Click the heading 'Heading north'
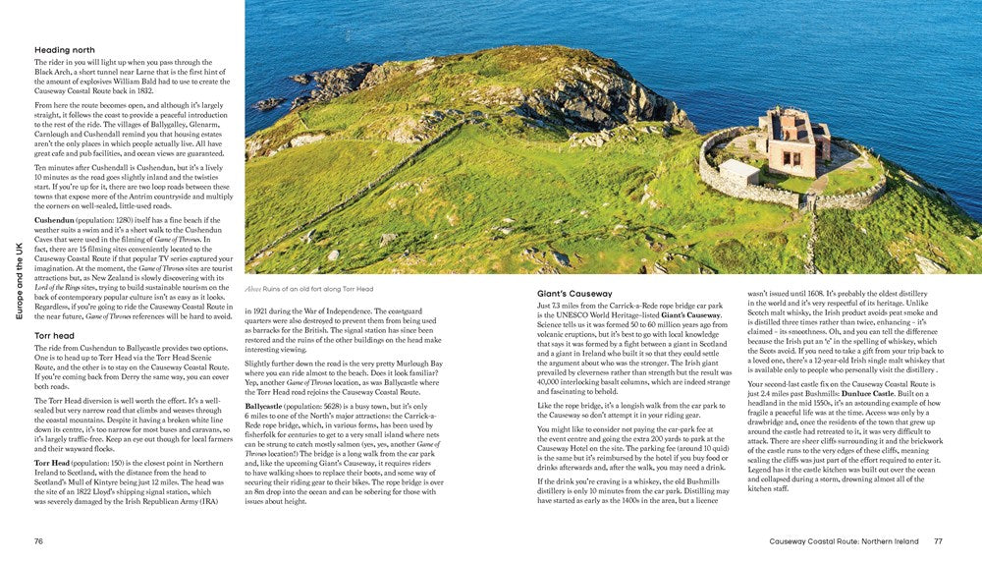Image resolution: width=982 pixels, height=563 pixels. [x=65, y=49]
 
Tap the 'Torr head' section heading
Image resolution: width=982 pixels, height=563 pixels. [x=55, y=335]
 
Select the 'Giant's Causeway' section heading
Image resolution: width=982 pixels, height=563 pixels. [x=575, y=293]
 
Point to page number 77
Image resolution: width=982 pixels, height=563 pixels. [x=938, y=540]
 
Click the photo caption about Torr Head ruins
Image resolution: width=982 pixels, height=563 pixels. [x=304, y=288]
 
